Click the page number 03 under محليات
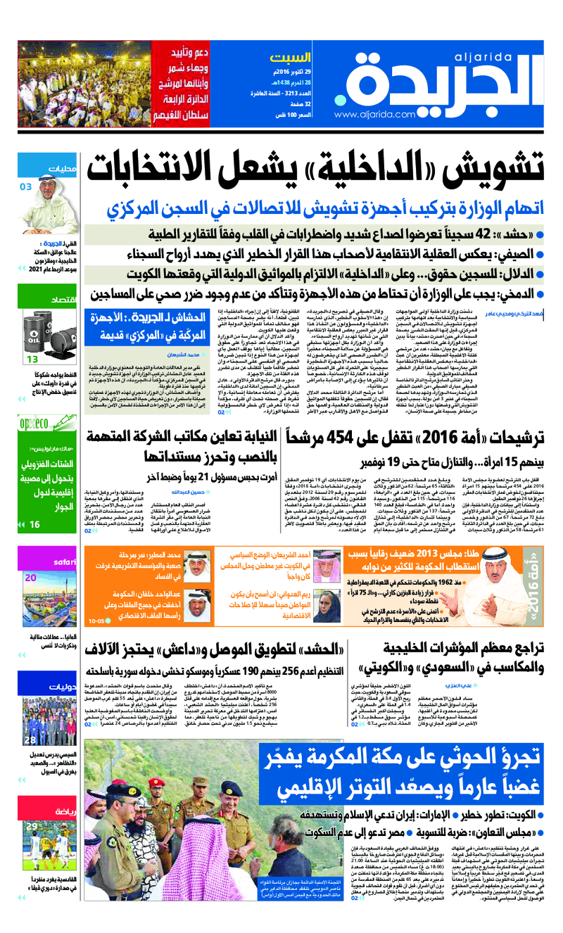click(x=26, y=186)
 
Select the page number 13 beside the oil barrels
click(x=32, y=359)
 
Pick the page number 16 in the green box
click(x=34, y=524)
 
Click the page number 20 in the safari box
click(x=30, y=578)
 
